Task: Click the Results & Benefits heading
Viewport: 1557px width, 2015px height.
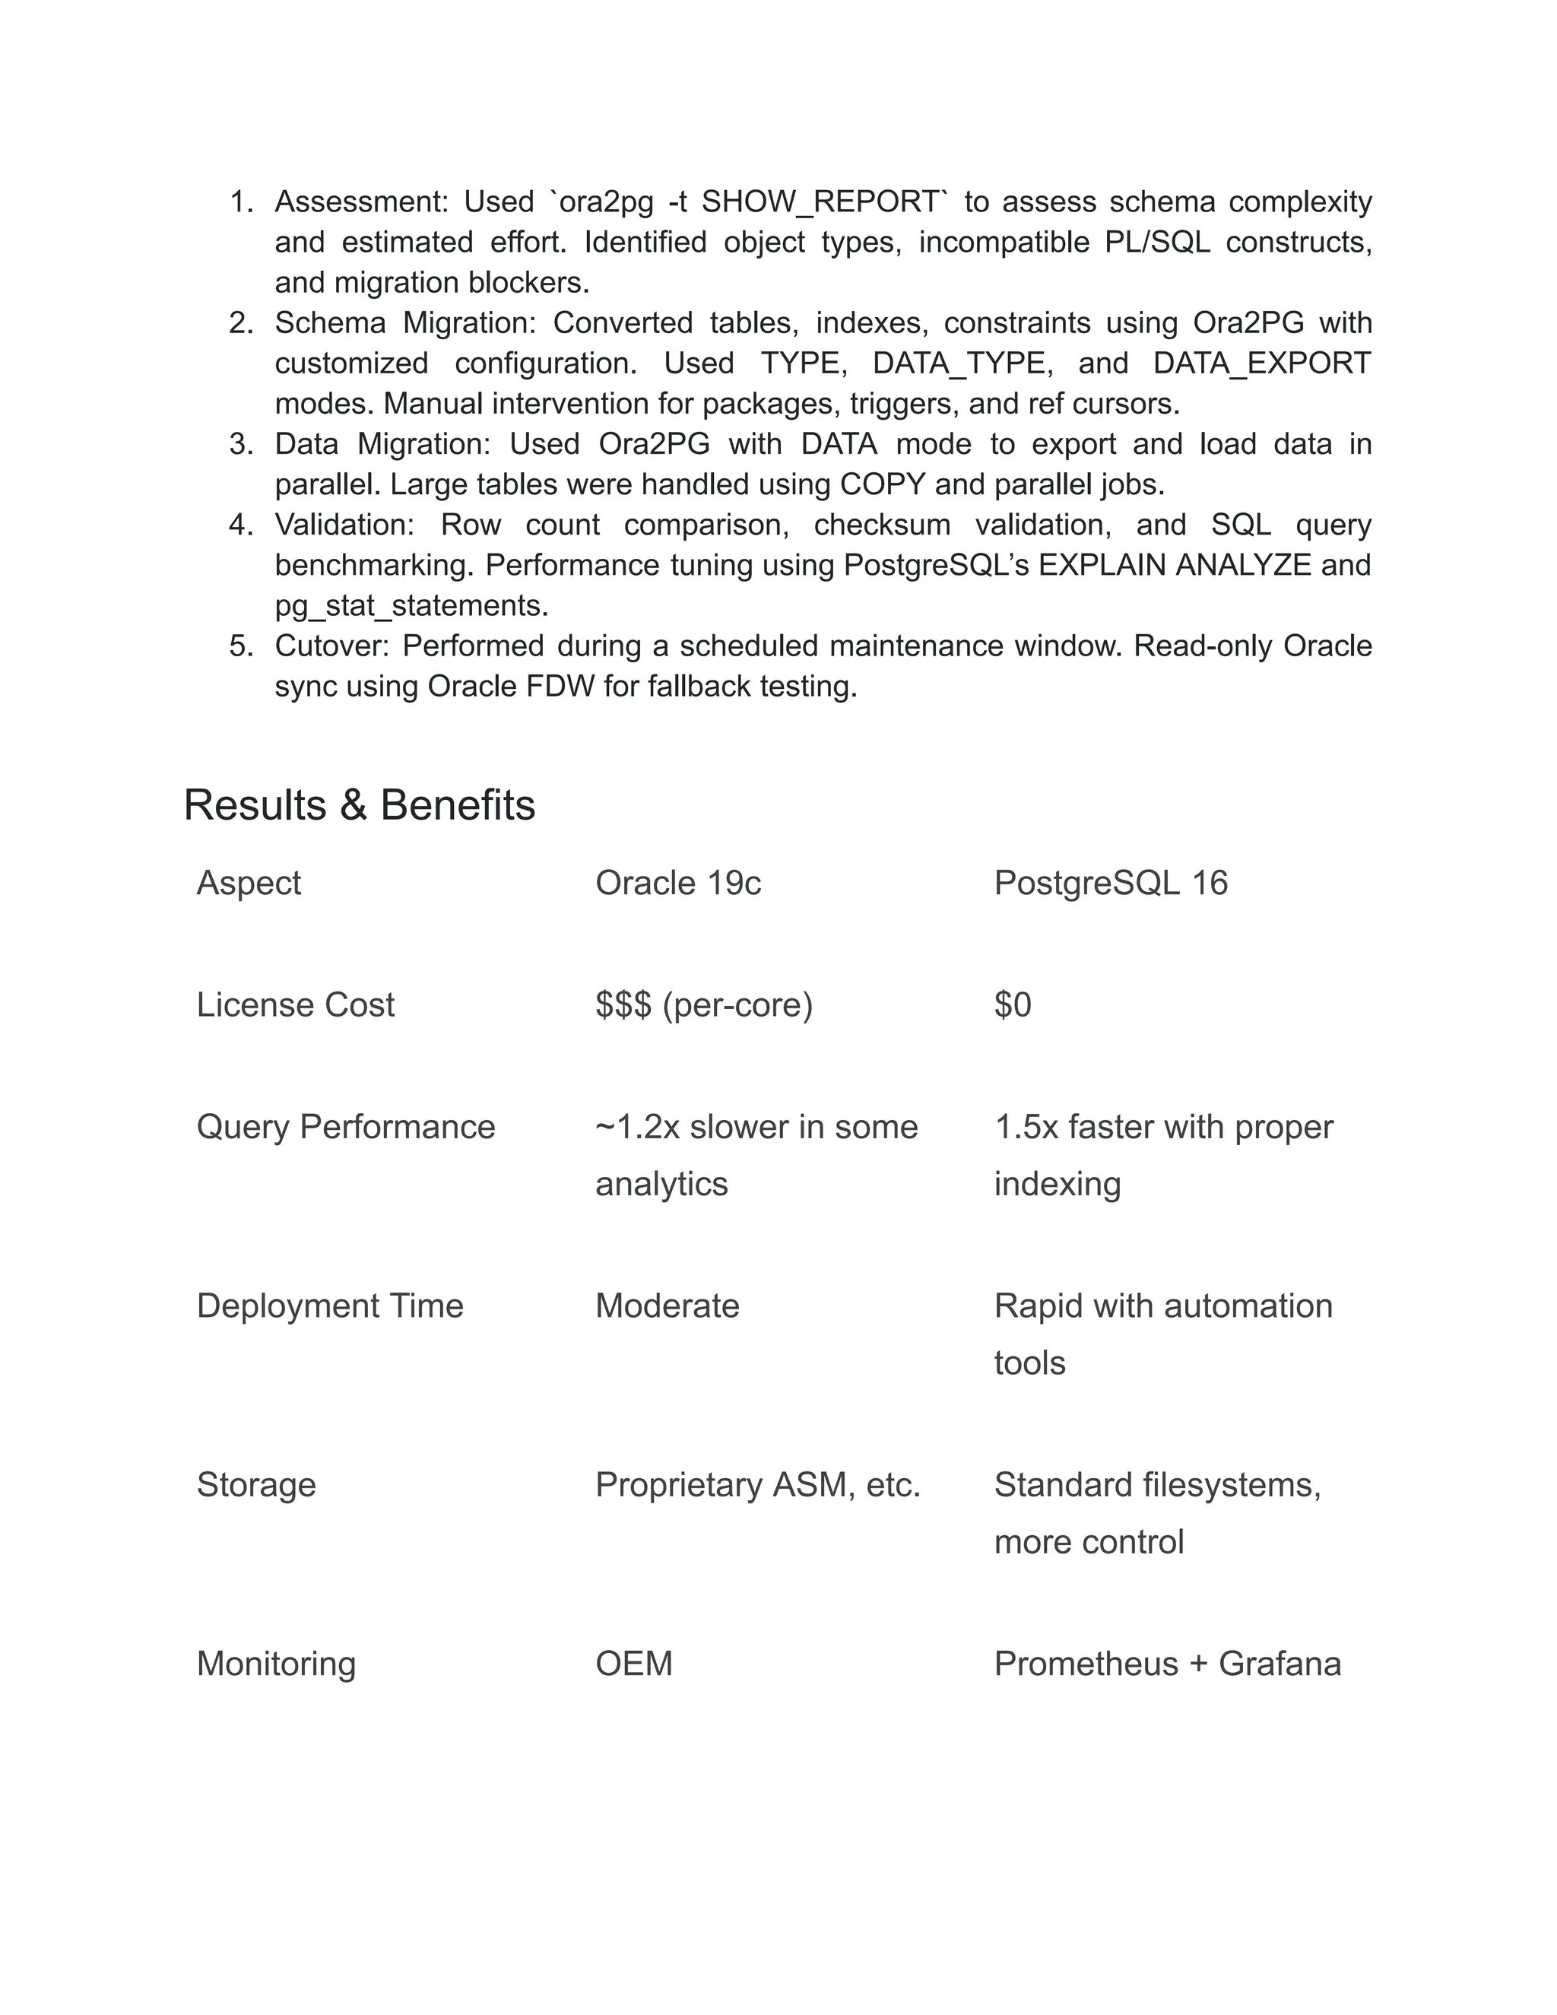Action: [359, 804]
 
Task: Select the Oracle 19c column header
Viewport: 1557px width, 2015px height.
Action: [678, 883]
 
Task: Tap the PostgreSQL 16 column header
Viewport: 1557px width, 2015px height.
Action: [1111, 883]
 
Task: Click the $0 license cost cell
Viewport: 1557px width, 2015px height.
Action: [1012, 1004]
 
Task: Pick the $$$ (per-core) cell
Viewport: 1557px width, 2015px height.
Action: [704, 1004]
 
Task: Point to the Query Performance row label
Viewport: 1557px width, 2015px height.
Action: [346, 1127]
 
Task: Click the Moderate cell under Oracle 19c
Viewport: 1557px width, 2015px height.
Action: [667, 1306]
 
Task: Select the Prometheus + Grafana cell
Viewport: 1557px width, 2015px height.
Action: [1167, 1664]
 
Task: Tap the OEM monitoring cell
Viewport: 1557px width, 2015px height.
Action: [634, 1664]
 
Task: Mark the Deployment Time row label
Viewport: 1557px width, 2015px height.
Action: [329, 1306]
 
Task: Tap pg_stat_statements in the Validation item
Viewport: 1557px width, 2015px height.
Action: [411, 605]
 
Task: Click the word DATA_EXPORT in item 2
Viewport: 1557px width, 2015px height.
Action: [1262, 363]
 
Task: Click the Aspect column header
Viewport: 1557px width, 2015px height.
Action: [248, 883]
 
